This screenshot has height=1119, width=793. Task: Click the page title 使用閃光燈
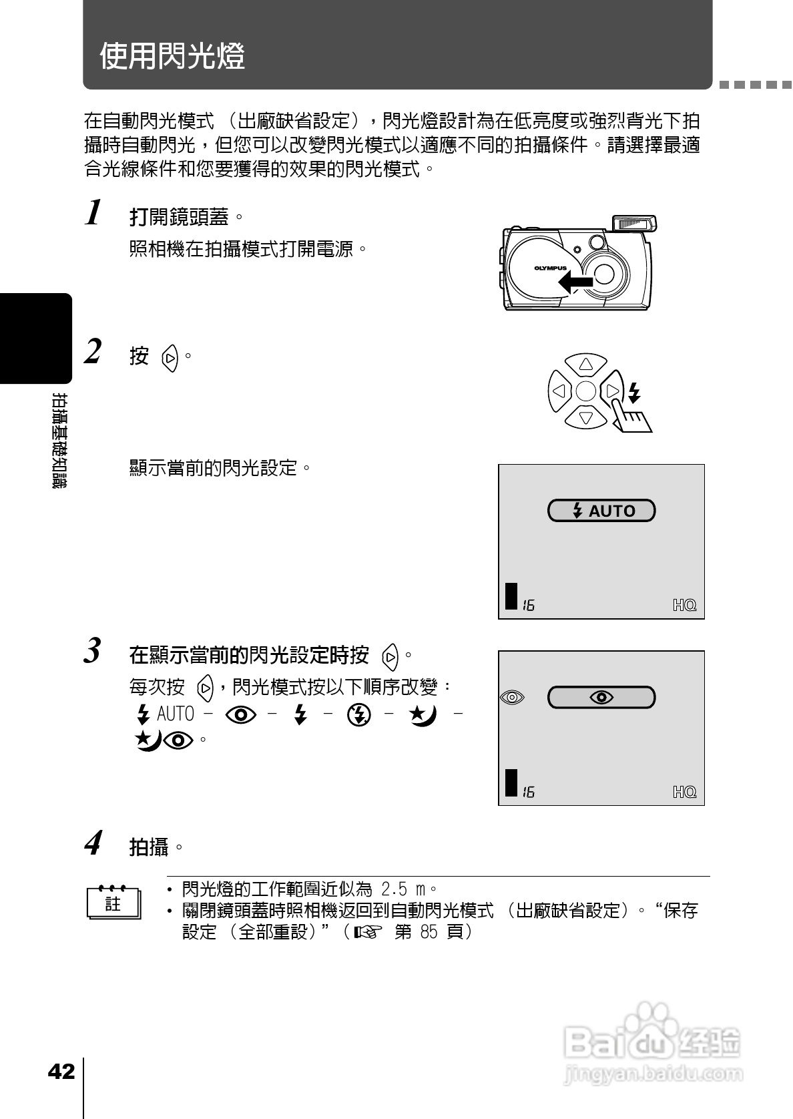(172, 56)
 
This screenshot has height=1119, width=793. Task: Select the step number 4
(94, 843)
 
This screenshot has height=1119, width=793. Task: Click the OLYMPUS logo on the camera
(550, 268)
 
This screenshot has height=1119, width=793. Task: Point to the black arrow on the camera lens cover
(575, 283)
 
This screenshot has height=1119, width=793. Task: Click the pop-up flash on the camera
(633, 223)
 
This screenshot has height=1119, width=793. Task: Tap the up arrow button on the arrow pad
(586, 365)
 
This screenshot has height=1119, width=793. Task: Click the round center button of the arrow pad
(586, 391)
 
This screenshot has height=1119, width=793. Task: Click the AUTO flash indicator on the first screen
(601, 511)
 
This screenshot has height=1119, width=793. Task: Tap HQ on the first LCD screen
(684, 605)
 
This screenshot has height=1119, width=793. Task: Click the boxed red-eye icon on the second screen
(601, 697)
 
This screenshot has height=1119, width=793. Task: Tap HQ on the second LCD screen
(684, 792)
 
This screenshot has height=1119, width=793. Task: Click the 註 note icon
(113, 903)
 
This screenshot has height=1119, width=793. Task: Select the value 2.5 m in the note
(403, 889)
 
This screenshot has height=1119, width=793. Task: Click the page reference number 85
(429, 931)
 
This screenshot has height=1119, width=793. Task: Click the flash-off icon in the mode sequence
(359, 715)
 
